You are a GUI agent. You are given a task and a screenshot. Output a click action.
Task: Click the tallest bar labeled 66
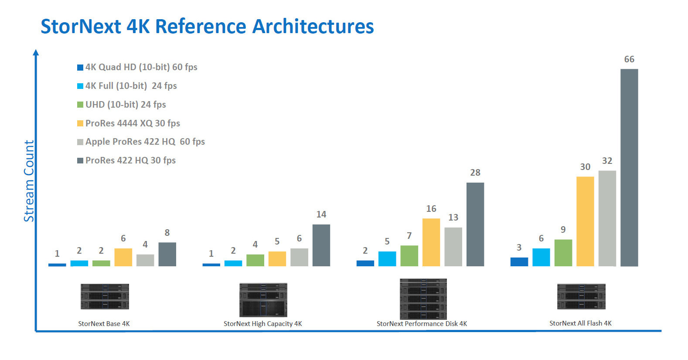point(629,167)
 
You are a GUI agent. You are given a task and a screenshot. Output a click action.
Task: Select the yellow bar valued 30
point(585,221)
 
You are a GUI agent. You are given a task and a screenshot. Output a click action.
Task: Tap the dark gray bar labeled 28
point(475,224)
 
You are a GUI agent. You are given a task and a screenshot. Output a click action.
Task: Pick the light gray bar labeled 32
point(607,218)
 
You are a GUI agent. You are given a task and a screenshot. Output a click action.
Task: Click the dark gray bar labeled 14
point(321,245)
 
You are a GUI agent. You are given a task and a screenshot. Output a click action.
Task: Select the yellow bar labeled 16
point(431,242)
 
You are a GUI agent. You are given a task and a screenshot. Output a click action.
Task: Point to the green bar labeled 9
point(563,253)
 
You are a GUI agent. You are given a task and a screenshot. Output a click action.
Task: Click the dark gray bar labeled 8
point(167,254)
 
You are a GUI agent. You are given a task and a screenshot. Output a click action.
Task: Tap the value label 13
point(453,217)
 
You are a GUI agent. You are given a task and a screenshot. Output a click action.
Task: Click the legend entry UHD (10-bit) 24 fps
point(126,105)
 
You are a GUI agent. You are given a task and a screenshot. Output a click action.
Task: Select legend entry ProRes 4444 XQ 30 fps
point(133,123)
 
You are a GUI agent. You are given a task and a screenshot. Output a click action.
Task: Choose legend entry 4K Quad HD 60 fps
point(141,67)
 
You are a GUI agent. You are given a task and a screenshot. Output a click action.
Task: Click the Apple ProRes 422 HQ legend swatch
point(80,142)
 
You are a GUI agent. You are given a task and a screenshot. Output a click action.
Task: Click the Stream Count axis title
point(29,181)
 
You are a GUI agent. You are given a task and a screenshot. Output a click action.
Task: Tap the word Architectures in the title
point(313,26)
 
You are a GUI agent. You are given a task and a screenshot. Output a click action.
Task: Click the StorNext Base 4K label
point(104,323)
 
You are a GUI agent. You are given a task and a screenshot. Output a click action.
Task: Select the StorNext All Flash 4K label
point(580,323)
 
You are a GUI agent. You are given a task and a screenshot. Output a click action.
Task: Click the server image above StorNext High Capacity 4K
point(263,300)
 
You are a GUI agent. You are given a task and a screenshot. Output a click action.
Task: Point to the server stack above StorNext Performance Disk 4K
point(423,299)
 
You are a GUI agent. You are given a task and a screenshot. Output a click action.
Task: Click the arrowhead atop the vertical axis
point(36,52)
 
